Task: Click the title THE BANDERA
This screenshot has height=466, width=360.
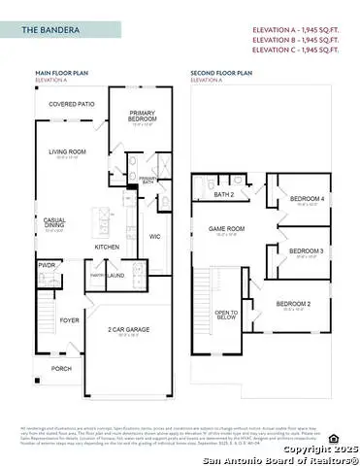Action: pyautogui.click(x=44, y=31)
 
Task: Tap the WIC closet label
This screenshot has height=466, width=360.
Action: pyautogui.click(x=154, y=236)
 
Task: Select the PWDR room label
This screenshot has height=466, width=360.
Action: pyautogui.click(x=45, y=264)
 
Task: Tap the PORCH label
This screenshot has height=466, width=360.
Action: pyautogui.click(x=61, y=368)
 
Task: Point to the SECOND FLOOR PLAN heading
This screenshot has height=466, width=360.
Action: pyautogui.click(x=221, y=72)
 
